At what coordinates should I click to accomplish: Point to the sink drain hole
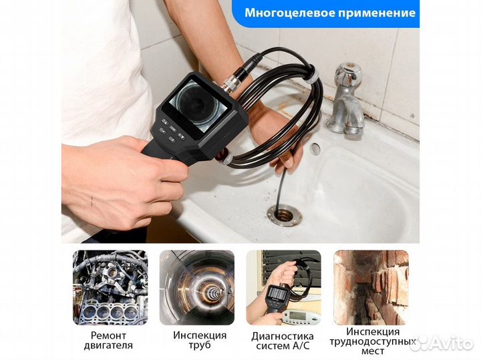pos(283,214)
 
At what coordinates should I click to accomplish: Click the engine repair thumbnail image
pos(110,287)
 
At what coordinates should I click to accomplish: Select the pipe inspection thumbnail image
pos(196,287)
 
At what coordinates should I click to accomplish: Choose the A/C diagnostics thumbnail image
pos(283,287)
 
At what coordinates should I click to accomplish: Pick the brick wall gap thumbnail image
pos(370,287)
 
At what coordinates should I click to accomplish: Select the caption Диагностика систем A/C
pos(283,340)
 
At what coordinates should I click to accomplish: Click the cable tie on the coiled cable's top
pos(309,79)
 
